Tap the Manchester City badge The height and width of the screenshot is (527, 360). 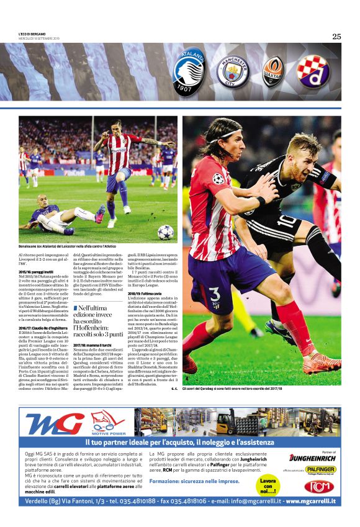click(x=233, y=72)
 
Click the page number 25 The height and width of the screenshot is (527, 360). click(x=336, y=36)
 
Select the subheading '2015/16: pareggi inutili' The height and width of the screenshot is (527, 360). click(x=35, y=271)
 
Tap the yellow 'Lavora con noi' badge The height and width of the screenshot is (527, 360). click(x=268, y=484)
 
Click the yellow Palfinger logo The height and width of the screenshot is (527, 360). click(x=321, y=470)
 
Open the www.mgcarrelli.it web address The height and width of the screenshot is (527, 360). click(x=310, y=501)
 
